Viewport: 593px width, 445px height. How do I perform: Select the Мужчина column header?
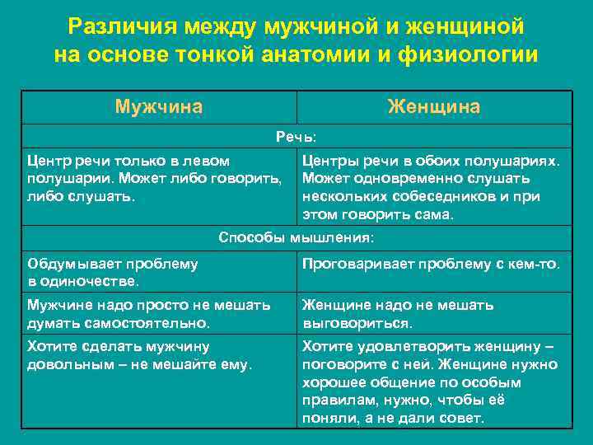click(x=159, y=107)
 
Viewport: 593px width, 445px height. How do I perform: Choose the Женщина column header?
click(x=434, y=107)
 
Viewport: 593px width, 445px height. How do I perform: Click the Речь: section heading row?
click(x=296, y=135)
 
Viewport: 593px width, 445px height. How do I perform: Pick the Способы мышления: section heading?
click(x=296, y=238)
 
